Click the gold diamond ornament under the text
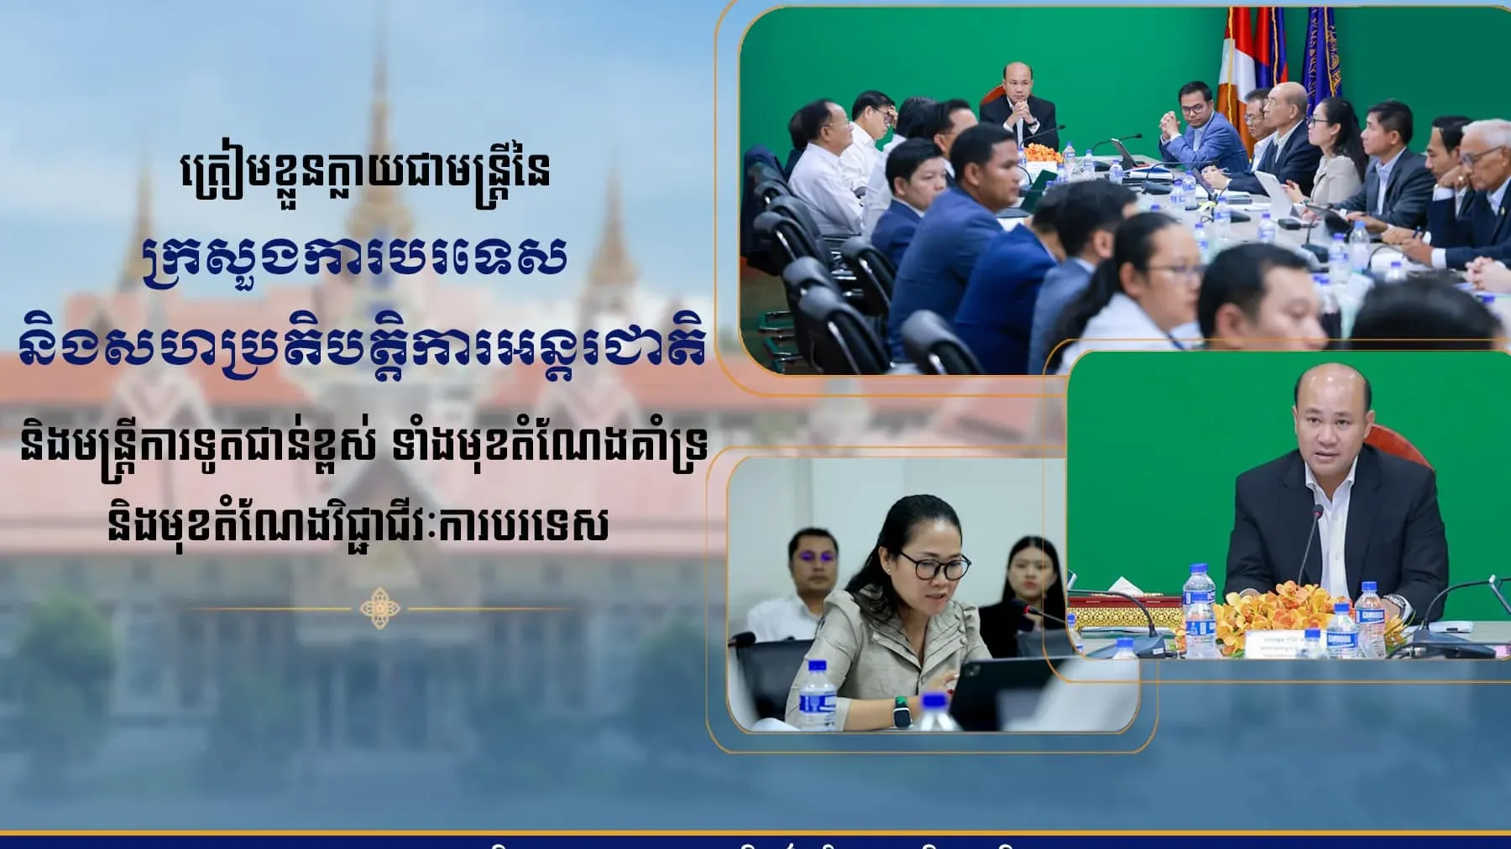379,608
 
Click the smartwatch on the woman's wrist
902,711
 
